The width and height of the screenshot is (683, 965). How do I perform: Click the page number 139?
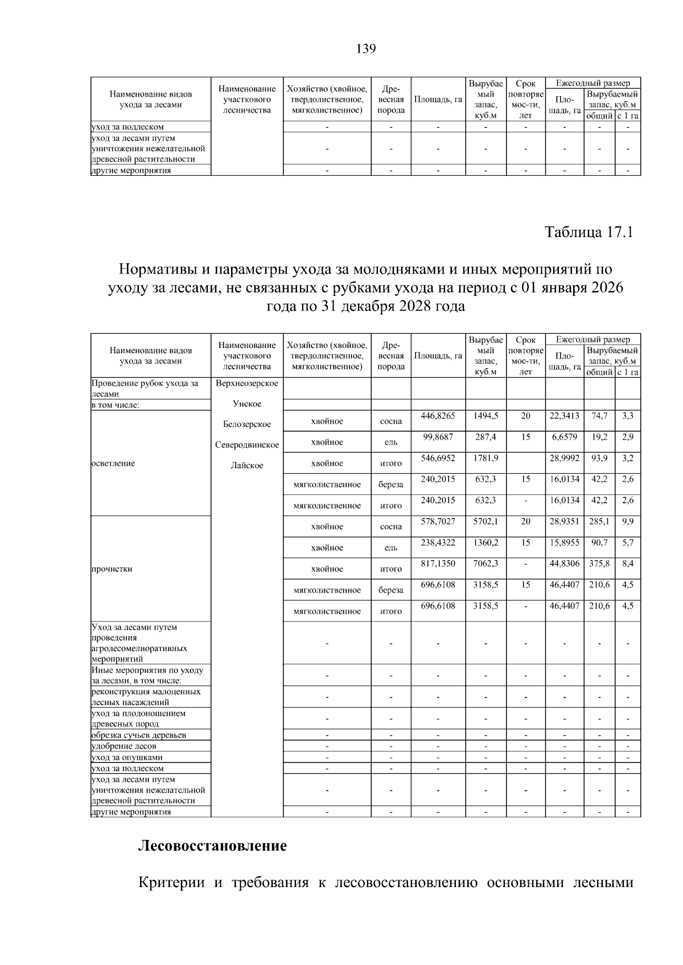point(365,49)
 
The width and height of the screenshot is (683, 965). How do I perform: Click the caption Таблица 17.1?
point(589,233)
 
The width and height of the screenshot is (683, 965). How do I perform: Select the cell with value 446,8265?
point(438,416)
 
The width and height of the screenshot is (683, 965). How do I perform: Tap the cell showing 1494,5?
point(485,416)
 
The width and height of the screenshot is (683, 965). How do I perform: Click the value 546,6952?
point(438,458)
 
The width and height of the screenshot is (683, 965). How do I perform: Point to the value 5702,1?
point(485,521)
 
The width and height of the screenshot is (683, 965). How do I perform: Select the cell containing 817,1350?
point(438,564)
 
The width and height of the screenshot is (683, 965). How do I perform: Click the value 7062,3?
point(485,564)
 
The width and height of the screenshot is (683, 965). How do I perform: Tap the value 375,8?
point(599,564)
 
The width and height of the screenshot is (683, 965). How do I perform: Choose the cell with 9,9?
point(627,521)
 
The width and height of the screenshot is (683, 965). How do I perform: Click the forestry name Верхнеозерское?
point(247,383)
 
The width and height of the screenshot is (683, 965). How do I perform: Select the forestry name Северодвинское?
point(247,445)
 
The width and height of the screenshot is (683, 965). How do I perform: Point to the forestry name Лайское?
point(247,466)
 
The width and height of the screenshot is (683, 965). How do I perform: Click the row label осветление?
point(113,463)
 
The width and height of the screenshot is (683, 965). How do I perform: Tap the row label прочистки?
point(112,569)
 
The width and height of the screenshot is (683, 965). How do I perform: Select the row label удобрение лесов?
point(124,746)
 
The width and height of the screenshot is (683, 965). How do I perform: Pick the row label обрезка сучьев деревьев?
point(139,735)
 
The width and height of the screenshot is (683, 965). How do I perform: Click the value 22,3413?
point(564,416)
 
